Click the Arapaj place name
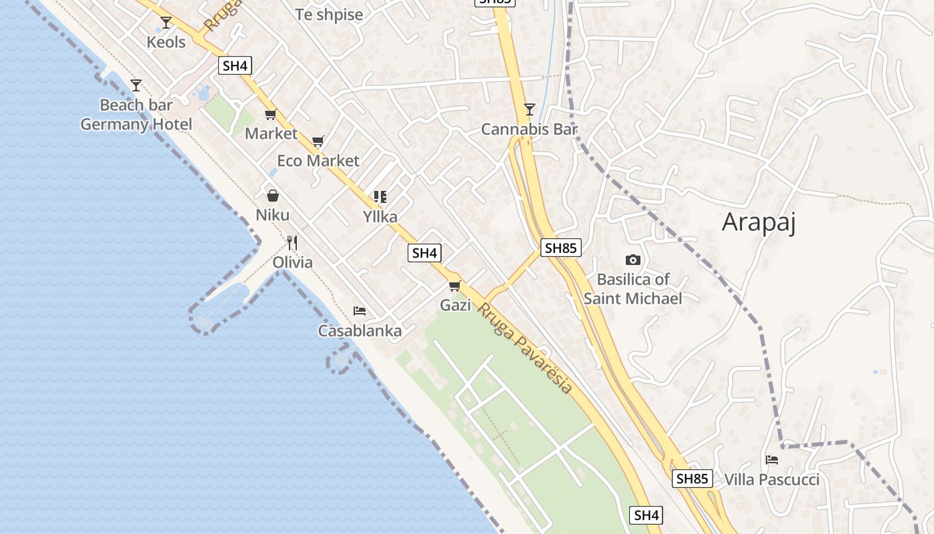(759, 222)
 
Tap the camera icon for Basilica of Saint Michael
(632, 260)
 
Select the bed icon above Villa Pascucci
(772, 459)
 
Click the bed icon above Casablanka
(360, 311)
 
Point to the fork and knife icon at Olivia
(292, 242)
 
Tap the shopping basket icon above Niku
(272, 196)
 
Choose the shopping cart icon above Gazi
(455, 286)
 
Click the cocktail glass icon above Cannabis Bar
(529, 109)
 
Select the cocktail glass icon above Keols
(166, 23)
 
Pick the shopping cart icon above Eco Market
(318, 141)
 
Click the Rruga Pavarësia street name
(525, 347)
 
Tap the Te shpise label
(329, 15)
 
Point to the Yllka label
(380, 216)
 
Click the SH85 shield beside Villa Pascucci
(692, 479)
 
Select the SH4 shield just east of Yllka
(424, 253)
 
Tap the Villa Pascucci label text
(772, 479)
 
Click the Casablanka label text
(360, 330)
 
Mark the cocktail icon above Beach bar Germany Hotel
(136, 85)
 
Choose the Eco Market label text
(318, 160)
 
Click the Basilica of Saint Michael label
(632, 288)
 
